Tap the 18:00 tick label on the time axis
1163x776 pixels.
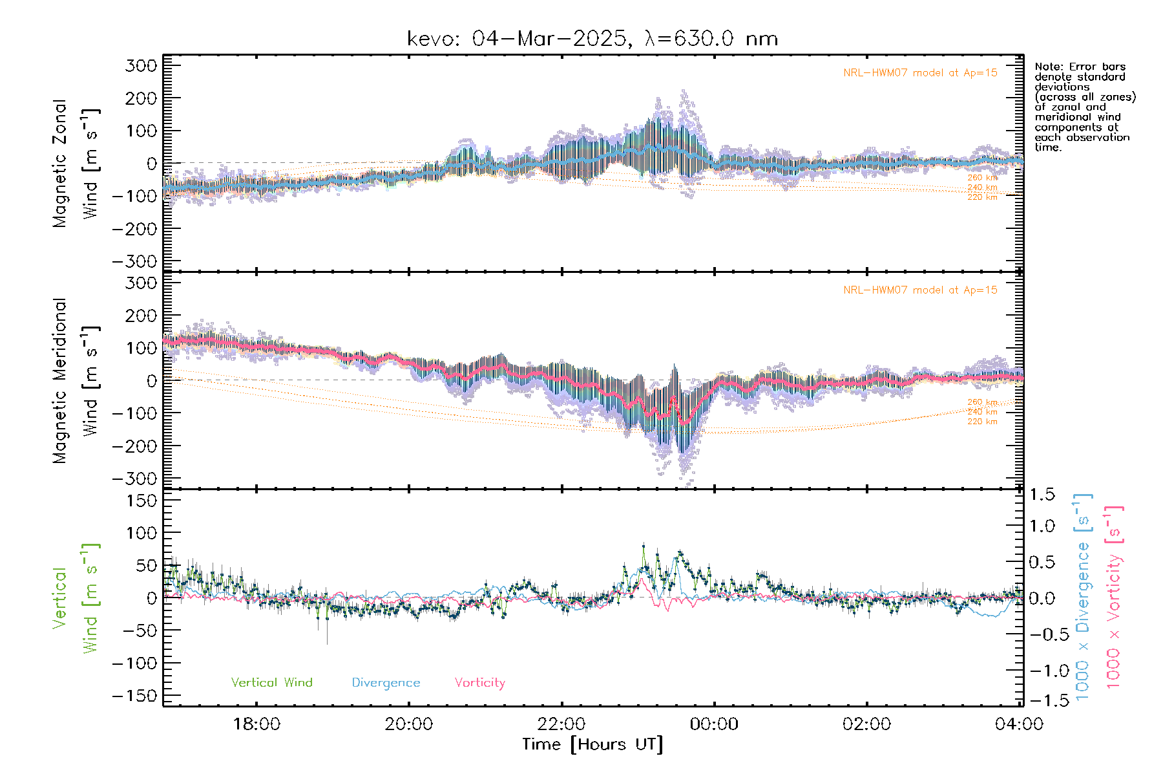pyautogui.click(x=257, y=724)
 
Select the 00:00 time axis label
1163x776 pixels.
pyautogui.click(x=714, y=724)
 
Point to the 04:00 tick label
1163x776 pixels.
pyautogui.click(x=1019, y=724)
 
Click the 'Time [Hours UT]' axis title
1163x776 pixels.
pyautogui.click(x=592, y=745)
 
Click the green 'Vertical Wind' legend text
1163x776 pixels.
pyautogui.click(x=271, y=683)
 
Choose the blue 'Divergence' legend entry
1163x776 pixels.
pyautogui.click(x=386, y=683)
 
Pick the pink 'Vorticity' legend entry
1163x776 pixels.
pyautogui.click(x=479, y=683)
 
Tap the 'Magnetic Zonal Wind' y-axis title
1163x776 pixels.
pyautogui.click(x=76, y=163)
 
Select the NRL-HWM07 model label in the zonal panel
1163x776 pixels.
pyautogui.click(x=920, y=73)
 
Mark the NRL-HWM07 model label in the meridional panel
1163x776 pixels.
pyautogui.click(x=920, y=290)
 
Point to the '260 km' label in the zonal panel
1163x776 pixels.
pyautogui.click(x=982, y=178)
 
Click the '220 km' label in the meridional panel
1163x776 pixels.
pyautogui.click(x=982, y=422)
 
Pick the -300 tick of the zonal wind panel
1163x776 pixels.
pyautogui.click(x=135, y=261)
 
